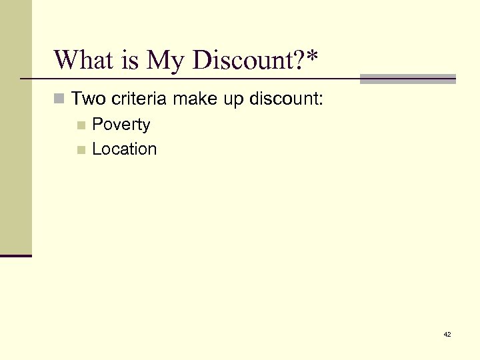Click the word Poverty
tap(121, 125)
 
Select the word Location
tap(125, 149)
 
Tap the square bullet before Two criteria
tap(60, 100)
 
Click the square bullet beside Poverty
tap(81, 125)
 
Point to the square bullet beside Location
tap(81, 150)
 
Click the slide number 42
tap(447, 334)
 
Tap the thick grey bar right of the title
tap(407, 79)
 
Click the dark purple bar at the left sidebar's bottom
tap(16, 255)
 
